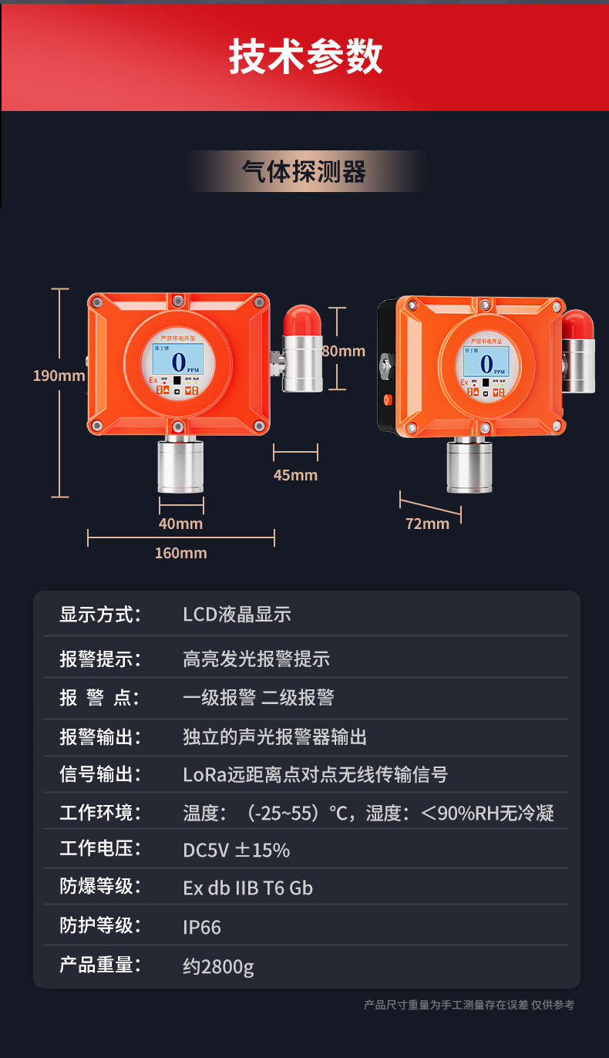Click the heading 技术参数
[305, 58]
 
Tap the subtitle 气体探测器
[304, 172]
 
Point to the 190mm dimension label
[59, 376]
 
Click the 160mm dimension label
[180, 553]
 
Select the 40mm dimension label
[180, 524]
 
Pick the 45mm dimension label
[295, 475]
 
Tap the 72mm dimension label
[427, 524]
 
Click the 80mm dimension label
[344, 351]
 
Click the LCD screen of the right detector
[486, 361]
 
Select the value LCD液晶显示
[237, 615]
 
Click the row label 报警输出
[100, 736]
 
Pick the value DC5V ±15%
[236, 850]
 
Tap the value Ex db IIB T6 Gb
[247, 888]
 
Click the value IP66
[202, 927]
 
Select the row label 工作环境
[100, 812]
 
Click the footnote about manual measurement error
[469, 1005]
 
